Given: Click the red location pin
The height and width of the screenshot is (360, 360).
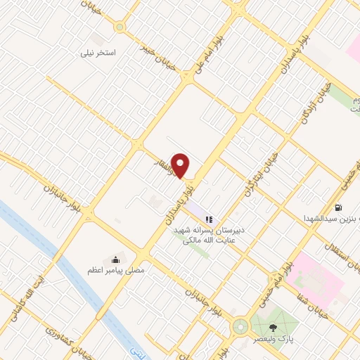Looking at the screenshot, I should coord(181,165).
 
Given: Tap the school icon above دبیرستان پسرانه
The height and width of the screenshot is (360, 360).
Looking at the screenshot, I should coord(207,219).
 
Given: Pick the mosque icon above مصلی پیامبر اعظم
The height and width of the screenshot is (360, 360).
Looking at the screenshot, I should coord(115,258).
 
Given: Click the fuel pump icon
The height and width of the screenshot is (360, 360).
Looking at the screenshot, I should coord(339,207).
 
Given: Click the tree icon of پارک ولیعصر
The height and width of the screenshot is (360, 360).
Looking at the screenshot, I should coord(274,327).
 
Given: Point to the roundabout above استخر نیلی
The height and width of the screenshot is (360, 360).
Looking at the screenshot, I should coord(120,27).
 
